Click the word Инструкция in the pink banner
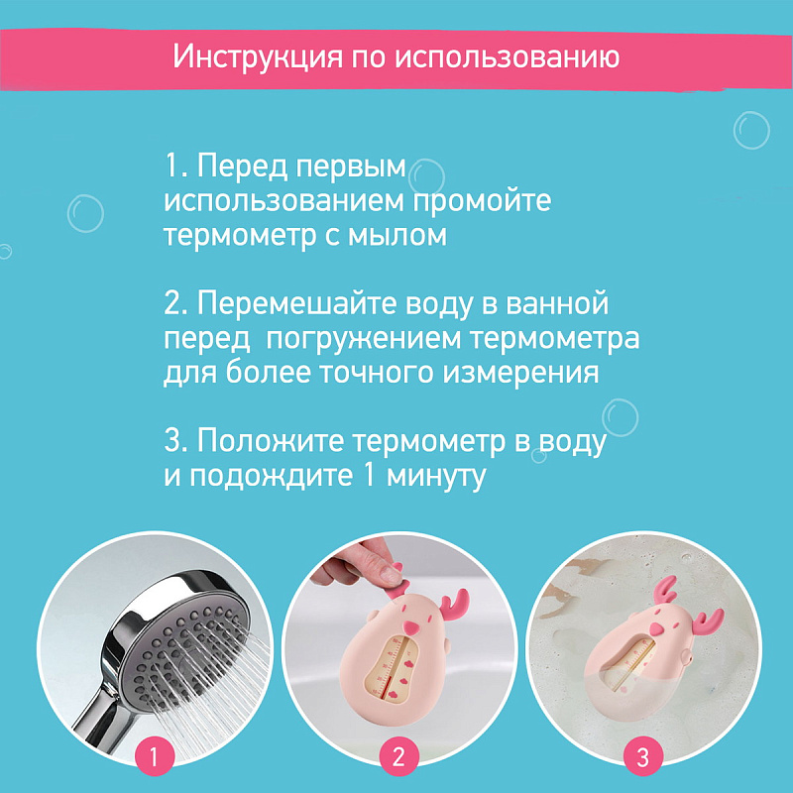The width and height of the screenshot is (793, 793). (x=258, y=57)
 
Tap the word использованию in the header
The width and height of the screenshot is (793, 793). (x=507, y=57)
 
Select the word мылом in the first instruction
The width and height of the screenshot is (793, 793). (x=397, y=235)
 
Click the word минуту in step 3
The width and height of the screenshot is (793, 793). (x=436, y=477)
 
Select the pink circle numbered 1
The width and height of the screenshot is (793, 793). (x=155, y=757)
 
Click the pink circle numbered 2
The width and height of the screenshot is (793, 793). (x=399, y=757)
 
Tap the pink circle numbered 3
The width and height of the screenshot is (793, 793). (x=642, y=757)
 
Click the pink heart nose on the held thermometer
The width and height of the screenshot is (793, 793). (x=412, y=627)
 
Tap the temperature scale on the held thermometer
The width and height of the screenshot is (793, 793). (x=395, y=668)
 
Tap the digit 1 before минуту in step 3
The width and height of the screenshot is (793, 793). (x=369, y=475)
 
